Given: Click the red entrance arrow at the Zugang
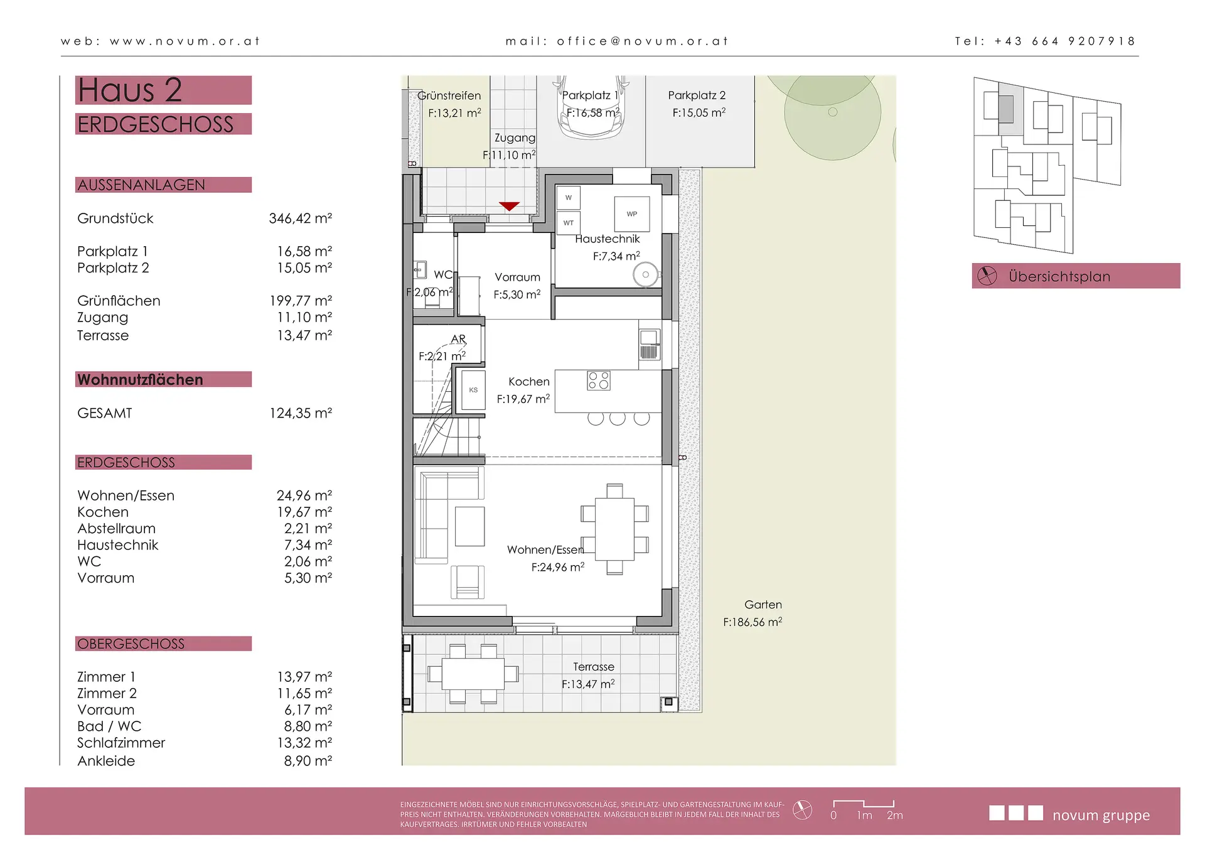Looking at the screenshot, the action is coord(509,206).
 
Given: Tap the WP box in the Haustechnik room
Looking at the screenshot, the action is coord(632,214).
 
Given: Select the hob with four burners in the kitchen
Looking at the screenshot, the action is coord(598,380).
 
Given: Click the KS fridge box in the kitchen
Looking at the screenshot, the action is coord(473,390).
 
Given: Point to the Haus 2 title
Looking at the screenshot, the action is coord(130,90).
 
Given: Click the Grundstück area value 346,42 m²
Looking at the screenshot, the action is coord(300,218).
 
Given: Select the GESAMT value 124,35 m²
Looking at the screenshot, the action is coord(300,413).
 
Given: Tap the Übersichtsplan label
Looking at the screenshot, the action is coord(1059,276).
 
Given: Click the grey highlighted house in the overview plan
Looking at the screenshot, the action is coord(1005,109).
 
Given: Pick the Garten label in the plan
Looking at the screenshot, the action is coord(763,605).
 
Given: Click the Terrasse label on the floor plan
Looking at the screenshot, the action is coord(593,667).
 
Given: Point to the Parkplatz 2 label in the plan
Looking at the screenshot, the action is coord(697,95).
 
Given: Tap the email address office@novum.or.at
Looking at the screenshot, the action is coord(642,41).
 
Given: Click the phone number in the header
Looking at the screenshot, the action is coord(1064,41).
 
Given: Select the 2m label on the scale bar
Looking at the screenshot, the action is coord(895,815).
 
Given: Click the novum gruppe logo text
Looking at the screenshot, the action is coord(1101,815).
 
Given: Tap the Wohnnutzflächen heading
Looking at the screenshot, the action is coord(140,380).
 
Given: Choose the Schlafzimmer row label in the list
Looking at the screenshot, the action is coord(121,743).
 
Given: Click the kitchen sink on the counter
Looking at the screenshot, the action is coord(650,344).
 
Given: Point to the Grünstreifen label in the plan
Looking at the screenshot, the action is coord(449,95).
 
